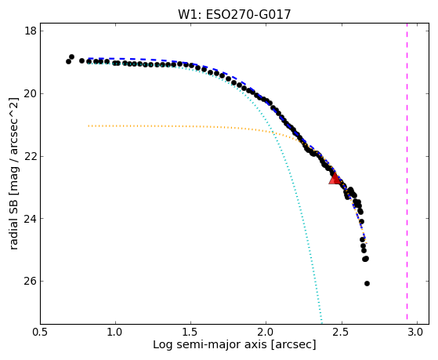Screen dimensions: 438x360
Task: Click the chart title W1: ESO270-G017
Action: [x=234, y=14]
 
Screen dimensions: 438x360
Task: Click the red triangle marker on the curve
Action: [x=335, y=179]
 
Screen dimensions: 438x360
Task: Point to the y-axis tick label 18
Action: [x=31, y=31]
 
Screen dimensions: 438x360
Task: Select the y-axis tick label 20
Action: [x=31, y=93]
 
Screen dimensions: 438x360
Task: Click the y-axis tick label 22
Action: [x=31, y=156]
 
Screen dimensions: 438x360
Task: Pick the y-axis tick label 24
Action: [x=31, y=219]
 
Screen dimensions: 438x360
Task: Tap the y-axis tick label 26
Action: [x=31, y=281]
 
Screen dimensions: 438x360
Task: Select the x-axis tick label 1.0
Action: [x=116, y=333]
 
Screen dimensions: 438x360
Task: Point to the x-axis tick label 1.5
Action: [x=191, y=333]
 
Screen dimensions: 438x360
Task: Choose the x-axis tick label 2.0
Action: [x=266, y=333]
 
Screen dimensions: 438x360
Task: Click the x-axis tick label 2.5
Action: [x=342, y=333]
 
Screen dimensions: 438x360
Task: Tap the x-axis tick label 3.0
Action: [x=417, y=333]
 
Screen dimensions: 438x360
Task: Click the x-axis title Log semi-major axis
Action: [x=209, y=344]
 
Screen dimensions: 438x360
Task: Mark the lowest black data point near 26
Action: [x=367, y=283]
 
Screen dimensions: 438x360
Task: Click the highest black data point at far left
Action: [x=71, y=56]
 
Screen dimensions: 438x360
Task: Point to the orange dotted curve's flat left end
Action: [x=89, y=125]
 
